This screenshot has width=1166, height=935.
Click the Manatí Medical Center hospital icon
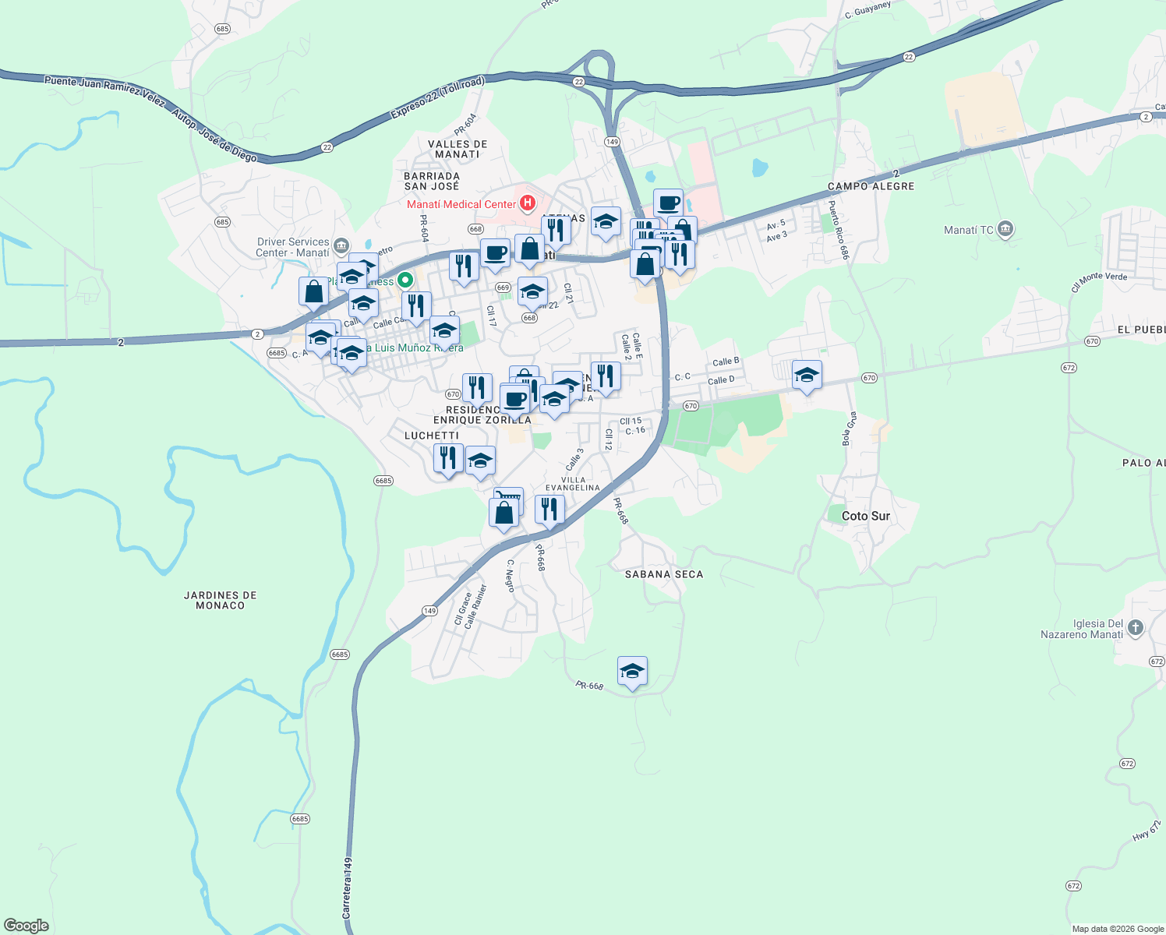point(528,204)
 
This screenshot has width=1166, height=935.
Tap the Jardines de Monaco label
point(221,600)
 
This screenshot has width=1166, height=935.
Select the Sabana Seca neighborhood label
point(664,574)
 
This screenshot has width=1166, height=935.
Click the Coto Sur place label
point(865,516)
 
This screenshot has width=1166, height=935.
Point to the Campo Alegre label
point(871,186)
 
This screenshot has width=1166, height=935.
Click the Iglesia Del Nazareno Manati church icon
point(1136,627)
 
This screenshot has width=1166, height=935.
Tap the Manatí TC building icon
point(1005,229)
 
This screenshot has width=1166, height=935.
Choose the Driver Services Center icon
point(341,247)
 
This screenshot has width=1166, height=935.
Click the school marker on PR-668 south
point(632,672)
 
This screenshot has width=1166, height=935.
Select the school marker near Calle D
point(807,376)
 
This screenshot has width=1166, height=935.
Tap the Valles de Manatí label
point(458,149)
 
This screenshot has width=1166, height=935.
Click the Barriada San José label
point(432,181)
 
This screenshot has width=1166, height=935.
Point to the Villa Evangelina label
point(573,484)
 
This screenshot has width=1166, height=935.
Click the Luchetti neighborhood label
point(432,436)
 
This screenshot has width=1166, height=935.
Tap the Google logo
point(26,926)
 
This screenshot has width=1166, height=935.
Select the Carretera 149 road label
point(348,887)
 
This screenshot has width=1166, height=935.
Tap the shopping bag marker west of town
point(313,291)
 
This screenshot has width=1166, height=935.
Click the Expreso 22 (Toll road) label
point(437,98)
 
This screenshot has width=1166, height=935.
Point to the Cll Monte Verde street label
point(1099,281)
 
